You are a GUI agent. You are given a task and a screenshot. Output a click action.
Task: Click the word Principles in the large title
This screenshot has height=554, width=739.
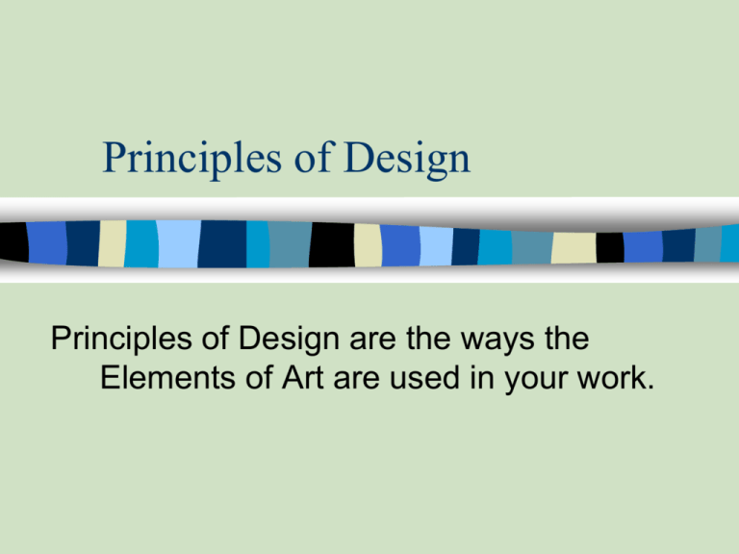pyautogui.click(x=176, y=159)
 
